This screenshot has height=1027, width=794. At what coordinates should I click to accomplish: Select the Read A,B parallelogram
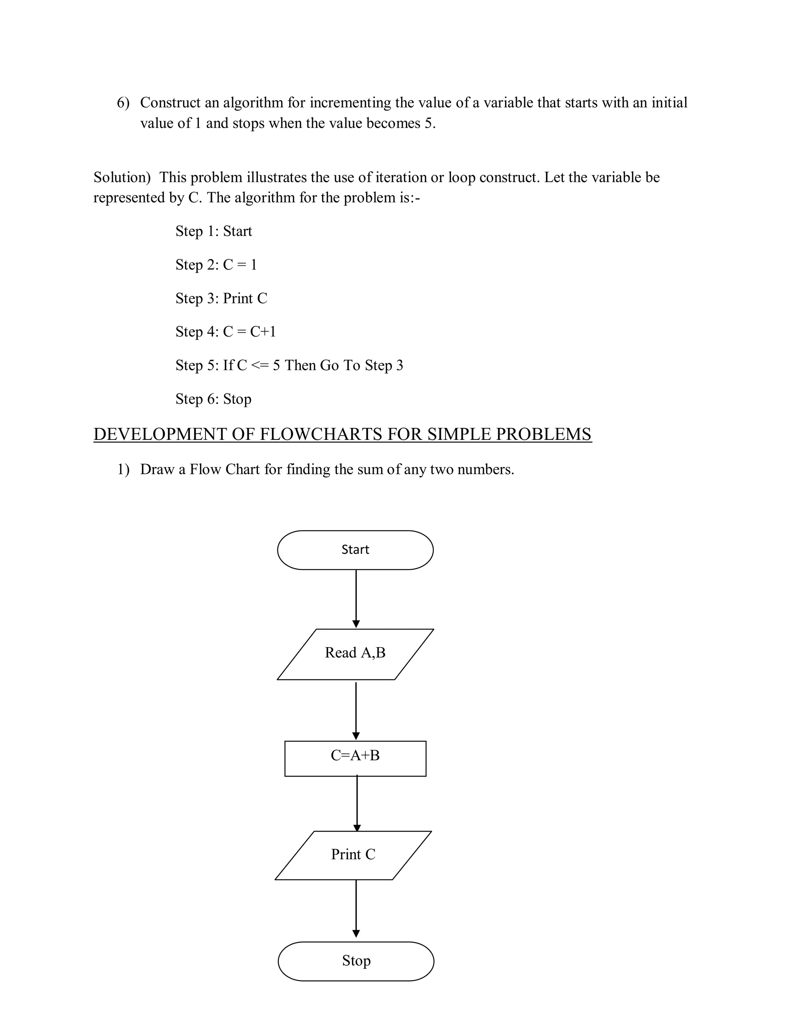(355, 654)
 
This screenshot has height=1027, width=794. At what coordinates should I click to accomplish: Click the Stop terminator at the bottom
(356, 961)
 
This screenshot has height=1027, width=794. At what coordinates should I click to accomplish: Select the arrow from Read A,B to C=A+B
(356, 710)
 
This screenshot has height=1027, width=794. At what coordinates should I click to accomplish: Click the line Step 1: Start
(214, 231)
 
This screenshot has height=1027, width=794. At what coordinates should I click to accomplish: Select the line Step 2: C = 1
(216, 265)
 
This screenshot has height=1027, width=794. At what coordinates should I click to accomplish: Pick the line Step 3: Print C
(221, 298)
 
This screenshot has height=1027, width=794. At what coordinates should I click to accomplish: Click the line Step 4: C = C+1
(225, 331)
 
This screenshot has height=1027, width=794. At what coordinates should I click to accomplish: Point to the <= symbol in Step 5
(260, 365)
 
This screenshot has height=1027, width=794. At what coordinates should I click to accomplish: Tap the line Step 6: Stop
(213, 399)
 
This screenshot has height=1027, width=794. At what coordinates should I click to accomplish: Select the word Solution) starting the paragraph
(122, 177)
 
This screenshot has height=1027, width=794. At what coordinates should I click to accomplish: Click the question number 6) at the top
(123, 103)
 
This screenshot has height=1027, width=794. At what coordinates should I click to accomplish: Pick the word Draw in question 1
(157, 469)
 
